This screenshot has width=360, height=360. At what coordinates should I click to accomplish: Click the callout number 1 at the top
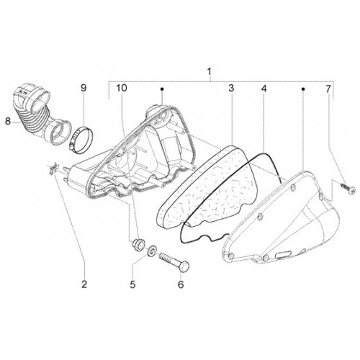[x=210, y=71]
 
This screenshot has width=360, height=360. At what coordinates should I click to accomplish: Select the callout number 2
[x=84, y=284]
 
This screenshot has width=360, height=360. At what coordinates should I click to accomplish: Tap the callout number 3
[x=231, y=88]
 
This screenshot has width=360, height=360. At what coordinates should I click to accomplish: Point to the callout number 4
[x=264, y=89]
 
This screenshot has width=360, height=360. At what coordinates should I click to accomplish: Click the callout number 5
[x=132, y=284]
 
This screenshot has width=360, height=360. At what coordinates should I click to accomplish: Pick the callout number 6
[x=181, y=284]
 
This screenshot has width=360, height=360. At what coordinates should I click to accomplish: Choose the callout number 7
[x=328, y=89]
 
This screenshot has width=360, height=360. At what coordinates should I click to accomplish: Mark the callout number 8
[x=8, y=121]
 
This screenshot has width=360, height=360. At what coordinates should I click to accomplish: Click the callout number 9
[x=84, y=88]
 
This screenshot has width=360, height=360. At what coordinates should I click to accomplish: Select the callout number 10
[x=122, y=88]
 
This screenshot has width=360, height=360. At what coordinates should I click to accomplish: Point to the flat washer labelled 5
[x=151, y=251]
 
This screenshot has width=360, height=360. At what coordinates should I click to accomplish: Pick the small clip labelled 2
[x=53, y=167]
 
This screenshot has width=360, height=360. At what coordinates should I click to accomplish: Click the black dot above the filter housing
[x=162, y=89]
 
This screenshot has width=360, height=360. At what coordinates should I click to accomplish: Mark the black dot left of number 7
[x=303, y=89]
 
